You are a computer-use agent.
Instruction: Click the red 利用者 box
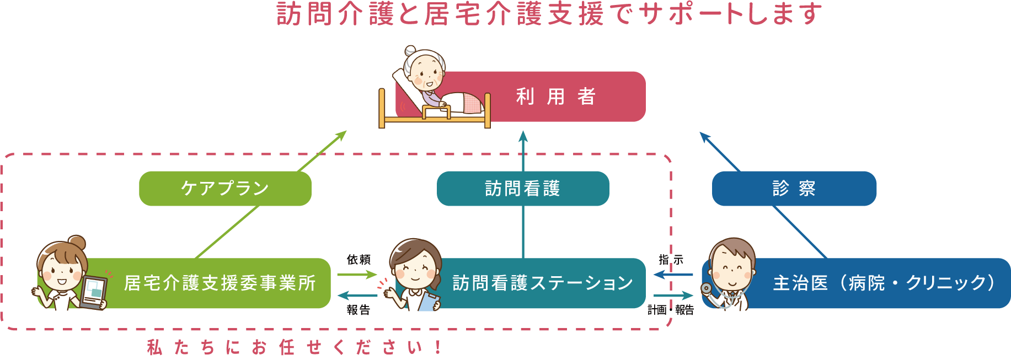point(557,96)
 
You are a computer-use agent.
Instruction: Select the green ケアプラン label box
point(225,189)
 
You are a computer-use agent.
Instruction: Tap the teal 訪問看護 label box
point(523,189)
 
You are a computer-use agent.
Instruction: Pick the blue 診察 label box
point(794,189)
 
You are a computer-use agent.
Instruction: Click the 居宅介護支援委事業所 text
point(220,283)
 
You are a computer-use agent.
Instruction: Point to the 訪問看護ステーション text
point(543,283)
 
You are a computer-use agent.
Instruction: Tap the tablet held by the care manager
point(93,292)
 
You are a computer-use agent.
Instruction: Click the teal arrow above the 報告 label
point(357,295)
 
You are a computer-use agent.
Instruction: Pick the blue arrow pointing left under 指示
point(673,274)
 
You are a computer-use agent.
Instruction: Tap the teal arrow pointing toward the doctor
point(673,296)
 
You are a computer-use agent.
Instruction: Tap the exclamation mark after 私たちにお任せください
point(438,347)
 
